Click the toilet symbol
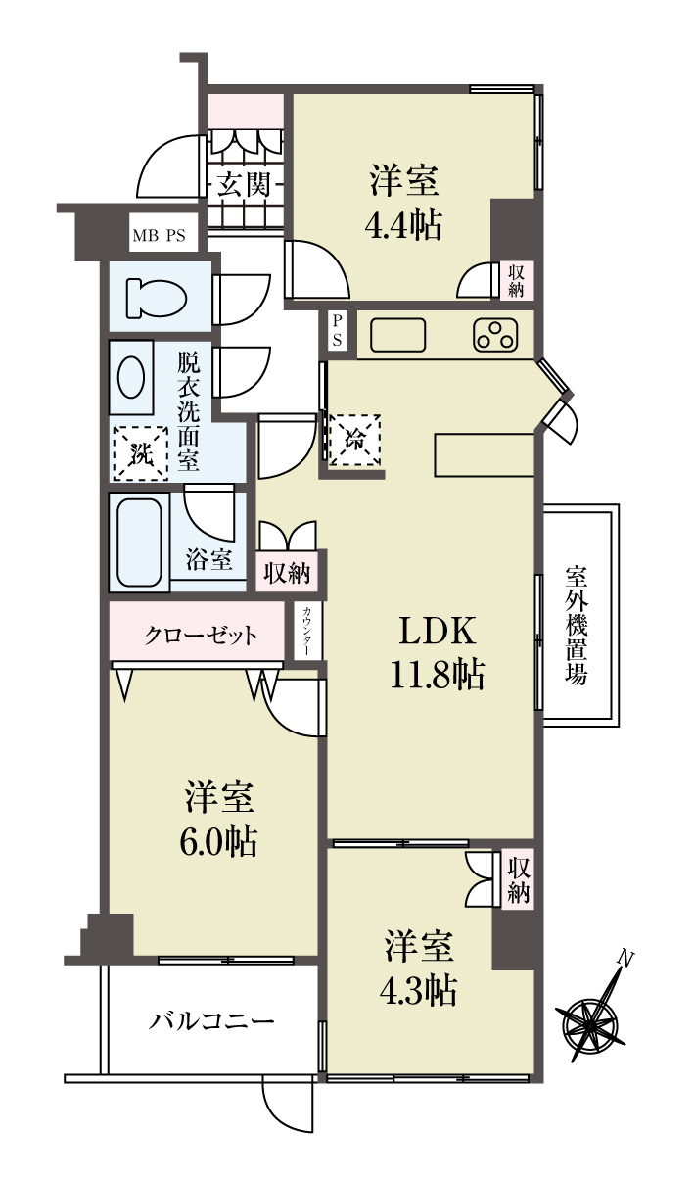click(157, 299)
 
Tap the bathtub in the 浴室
click(140, 543)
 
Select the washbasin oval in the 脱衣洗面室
click(131, 377)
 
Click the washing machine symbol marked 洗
click(141, 453)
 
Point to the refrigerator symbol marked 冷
click(355, 440)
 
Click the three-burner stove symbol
click(495, 335)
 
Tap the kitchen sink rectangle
click(398, 335)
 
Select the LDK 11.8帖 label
click(437, 653)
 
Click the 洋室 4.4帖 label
click(404, 202)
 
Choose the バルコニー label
click(211, 1022)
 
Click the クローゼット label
click(201, 636)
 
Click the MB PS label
click(159, 235)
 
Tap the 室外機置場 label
click(577, 625)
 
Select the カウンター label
click(306, 632)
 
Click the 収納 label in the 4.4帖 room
click(516, 281)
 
